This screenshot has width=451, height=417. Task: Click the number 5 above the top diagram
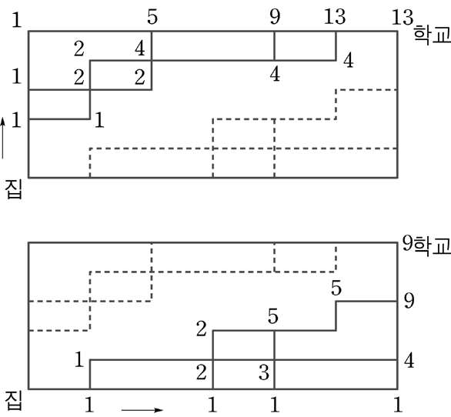[152, 17]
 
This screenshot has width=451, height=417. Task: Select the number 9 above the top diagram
[275, 17]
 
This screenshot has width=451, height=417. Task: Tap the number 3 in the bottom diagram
[264, 372]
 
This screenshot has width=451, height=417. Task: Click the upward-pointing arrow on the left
[3, 138]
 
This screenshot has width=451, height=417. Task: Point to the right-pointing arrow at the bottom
[142, 410]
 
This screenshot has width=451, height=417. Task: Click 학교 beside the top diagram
[432, 35]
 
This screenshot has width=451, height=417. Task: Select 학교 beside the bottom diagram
[432, 247]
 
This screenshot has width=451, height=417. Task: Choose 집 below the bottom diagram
[14, 402]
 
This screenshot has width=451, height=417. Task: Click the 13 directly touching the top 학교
[403, 18]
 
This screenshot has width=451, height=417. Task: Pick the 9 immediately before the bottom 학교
[408, 243]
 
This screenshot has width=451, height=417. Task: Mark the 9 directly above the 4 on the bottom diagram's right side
[409, 302]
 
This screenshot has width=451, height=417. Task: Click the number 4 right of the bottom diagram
[409, 361]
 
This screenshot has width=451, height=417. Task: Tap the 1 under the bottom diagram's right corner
[398, 405]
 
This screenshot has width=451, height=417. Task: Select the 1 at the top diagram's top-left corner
[17, 20]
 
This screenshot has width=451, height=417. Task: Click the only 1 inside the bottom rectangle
[79, 359]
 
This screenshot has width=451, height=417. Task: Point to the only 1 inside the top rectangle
[99, 120]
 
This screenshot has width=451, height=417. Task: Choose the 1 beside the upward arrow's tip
[16, 120]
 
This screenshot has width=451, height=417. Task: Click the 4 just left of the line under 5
[140, 49]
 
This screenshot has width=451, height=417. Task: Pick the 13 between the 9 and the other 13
[335, 17]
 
